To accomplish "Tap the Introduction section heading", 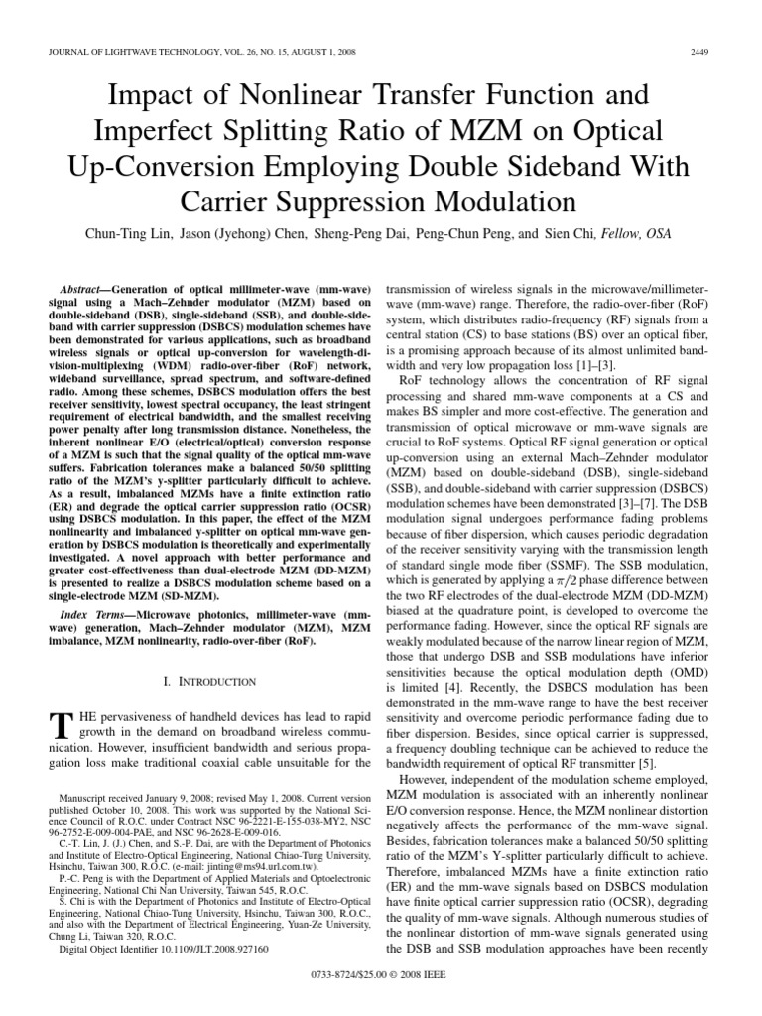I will point(208,682).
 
